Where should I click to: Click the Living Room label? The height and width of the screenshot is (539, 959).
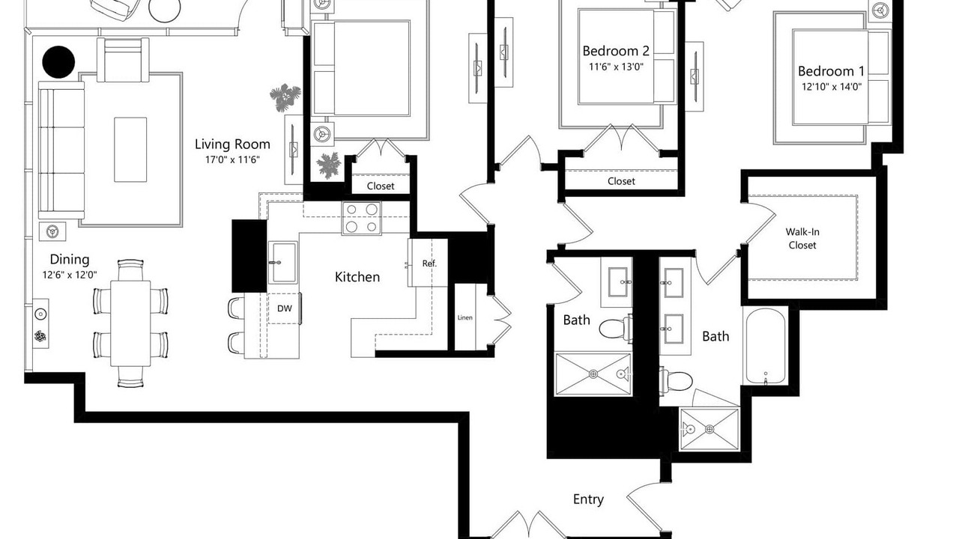(x=232, y=144)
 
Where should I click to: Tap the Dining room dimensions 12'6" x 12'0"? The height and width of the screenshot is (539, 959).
(x=70, y=275)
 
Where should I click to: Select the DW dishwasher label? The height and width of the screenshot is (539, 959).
(x=284, y=308)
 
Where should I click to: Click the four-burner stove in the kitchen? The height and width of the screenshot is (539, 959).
(x=361, y=218)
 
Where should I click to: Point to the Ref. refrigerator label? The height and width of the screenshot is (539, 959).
(x=429, y=264)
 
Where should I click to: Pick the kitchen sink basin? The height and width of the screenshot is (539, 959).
(x=282, y=262)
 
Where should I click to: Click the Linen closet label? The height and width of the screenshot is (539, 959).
(x=465, y=317)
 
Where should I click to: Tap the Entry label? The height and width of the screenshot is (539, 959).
(x=588, y=499)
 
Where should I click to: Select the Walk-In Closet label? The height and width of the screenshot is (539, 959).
(x=802, y=238)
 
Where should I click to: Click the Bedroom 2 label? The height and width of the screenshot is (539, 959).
(x=616, y=51)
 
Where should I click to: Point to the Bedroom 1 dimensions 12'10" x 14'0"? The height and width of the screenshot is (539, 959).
(x=832, y=87)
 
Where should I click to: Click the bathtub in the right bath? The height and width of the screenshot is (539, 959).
(x=766, y=346)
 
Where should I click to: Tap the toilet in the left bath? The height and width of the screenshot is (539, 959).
(x=616, y=329)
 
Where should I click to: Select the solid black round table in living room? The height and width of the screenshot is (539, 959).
(x=58, y=62)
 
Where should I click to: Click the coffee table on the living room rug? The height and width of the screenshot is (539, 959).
(x=130, y=150)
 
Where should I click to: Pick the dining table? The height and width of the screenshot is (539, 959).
(x=130, y=323)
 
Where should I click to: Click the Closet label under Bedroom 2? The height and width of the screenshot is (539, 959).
(x=621, y=181)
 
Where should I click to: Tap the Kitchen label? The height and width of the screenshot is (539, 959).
(x=357, y=277)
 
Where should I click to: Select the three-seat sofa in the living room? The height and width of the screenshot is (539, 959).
(x=61, y=150)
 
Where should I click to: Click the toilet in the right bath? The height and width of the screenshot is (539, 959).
(x=676, y=380)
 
